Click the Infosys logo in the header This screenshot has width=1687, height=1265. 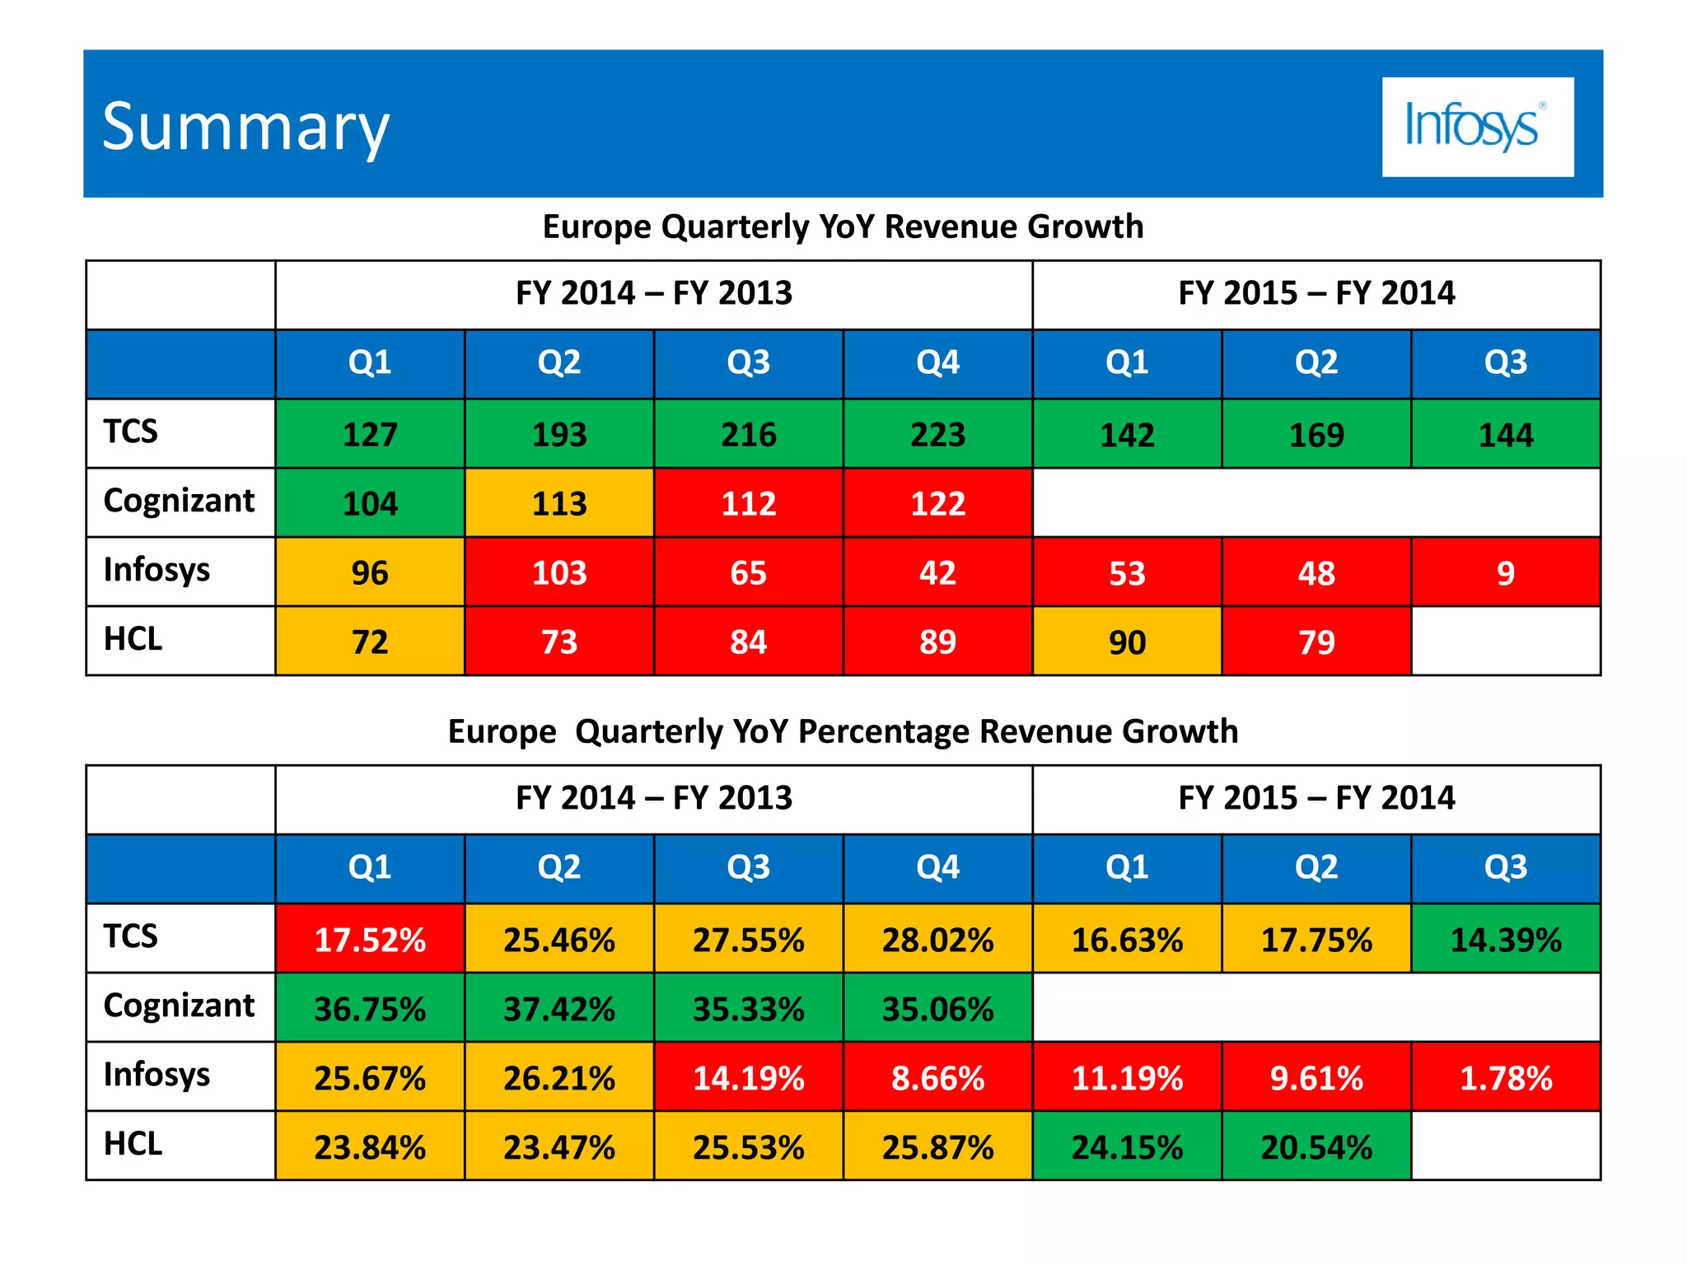click(1477, 127)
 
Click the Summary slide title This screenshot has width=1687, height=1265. click(245, 127)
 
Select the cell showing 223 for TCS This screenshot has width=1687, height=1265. click(937, 434)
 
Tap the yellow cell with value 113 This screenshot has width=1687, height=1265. click(559, 503)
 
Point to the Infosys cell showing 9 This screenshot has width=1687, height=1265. click(1505, 572)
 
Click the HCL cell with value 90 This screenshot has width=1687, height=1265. click(1127, 642)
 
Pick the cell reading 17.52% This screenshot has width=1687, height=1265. click(370, 939)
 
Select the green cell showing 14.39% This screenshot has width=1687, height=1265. click(1505, 939)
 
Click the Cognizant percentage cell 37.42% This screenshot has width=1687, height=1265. click(559, 1008)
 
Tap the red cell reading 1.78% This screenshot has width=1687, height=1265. click(1505, 1077)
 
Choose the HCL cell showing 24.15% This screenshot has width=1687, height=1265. click(1127, 1146)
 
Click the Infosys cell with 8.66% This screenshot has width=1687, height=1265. click(937, 1077)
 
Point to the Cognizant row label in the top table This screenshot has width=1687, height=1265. click(179, 501)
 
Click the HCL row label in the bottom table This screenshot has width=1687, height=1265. click(133, 1144)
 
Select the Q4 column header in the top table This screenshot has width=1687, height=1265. click(937, 363)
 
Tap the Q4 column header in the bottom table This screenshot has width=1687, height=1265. click(937, 868)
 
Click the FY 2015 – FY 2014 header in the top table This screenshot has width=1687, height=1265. click(1315, 293)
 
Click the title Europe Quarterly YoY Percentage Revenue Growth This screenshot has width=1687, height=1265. click(843, 731)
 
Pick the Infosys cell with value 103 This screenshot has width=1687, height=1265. click(559, 572)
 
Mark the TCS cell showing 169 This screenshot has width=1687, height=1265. click(1315, 434)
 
